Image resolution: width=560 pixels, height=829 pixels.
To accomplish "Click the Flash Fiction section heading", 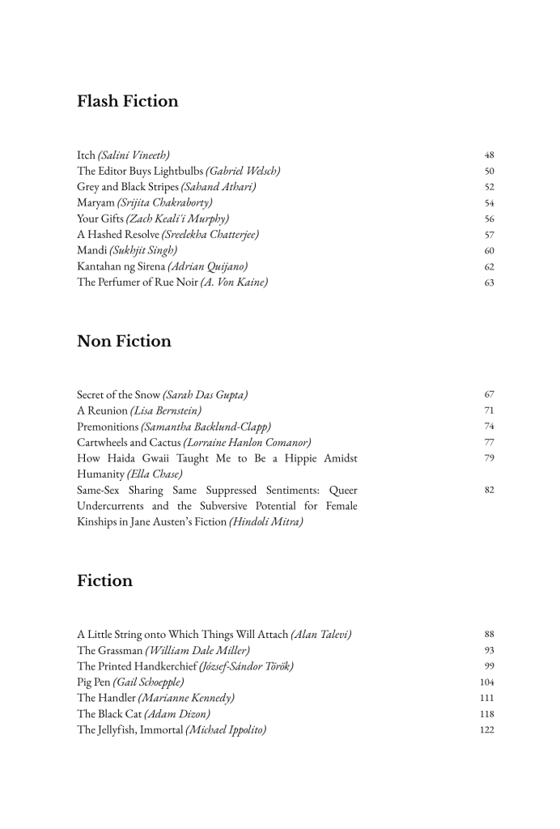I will pyautogui.click(x=128, y=101).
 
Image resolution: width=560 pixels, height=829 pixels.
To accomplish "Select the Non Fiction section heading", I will pyautogui.click(x=124, y=341).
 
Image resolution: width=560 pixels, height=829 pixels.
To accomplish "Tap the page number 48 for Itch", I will pyautogui.click(x=489, y=155).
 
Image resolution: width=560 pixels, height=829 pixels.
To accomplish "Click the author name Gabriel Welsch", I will pyautogui.click(x=243, y=171).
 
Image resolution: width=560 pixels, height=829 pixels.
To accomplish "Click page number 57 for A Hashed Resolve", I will pyautogui.click(x=489, y=235).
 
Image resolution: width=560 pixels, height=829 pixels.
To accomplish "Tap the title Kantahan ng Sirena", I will pyautogui.click(x=121, y=266).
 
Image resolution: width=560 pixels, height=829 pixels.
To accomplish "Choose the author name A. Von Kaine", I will pyautogui.click(x=234, y=283).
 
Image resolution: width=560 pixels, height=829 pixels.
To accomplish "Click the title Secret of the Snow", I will pyautogui.click(x=118, y=394).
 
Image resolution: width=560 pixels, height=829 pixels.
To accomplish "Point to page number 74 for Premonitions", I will pyautogui.click(x=489, y=427).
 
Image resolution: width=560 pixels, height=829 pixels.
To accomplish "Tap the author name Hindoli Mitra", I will pyautogui.click(x=266, y=522).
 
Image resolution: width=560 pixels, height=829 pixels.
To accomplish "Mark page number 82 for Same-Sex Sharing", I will pyautogui.click(x=489, y=491).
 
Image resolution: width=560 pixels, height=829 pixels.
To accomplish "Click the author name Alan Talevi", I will pyautogui.click(x=320, y=634).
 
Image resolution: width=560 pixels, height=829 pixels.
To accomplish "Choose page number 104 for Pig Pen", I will pyautogui.click(x=487, y=682).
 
